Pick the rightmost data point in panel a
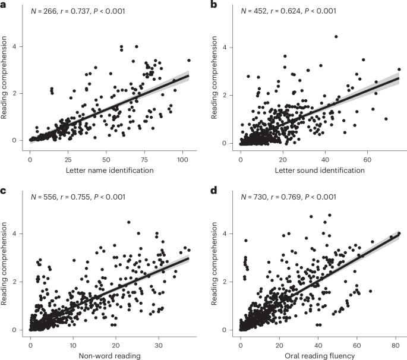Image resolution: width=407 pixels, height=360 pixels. (189, 60)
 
